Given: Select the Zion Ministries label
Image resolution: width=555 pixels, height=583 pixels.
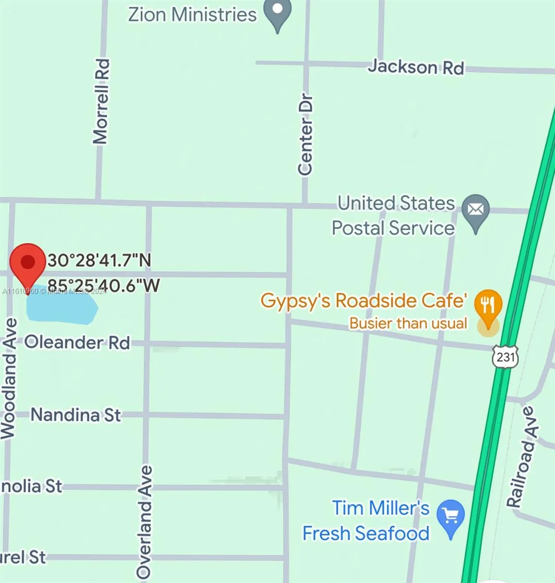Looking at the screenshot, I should pyautogui.click(x=192, y=14).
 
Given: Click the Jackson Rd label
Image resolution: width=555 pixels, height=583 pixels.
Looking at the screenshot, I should pyautogui.click(x=416, y=67).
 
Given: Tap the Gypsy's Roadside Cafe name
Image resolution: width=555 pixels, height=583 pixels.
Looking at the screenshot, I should pyautogui.click(x=364, y=301).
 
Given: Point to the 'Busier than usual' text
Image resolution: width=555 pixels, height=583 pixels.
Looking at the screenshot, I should pyautogui.click(x=408, y=323).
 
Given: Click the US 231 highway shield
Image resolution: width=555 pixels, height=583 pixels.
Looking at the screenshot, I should pyautogui.click(x=505, y=358).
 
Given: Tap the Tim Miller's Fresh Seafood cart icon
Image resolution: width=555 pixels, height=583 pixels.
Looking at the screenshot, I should pyautogui.click(x=451, y=516).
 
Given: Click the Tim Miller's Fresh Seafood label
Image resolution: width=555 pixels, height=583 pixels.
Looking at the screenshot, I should pyautogui.click(x=367, y=521).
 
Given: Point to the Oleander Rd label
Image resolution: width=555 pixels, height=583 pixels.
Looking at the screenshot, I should pyautogui.click(x=77, y=343).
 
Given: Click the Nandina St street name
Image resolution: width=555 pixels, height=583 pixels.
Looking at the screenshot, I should pyautogui.click(x=76, y=415).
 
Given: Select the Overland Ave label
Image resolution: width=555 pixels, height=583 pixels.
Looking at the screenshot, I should pyautogui.click(x=145, y=521).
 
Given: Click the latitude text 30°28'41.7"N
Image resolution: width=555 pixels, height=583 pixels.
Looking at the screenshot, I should pyautogui.click(x=100, y=260).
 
